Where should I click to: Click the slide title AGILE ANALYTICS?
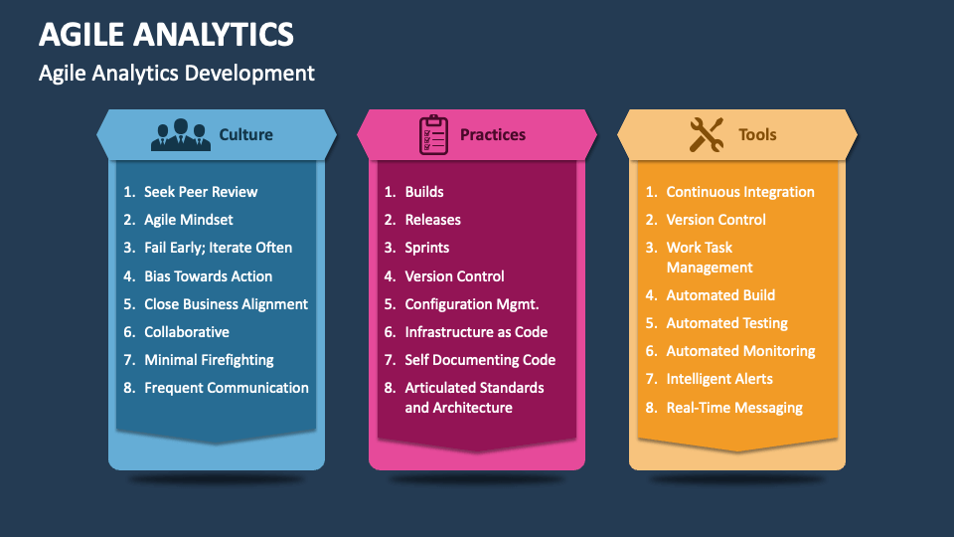pos(166,35)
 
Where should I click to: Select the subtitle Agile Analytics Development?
pos(177,73)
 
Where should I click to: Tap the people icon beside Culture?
pos(181,134)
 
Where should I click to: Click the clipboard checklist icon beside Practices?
pos(434,134)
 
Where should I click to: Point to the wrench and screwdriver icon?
pos(707,134)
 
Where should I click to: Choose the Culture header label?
pos(245,134)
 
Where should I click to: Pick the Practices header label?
pos(493,134)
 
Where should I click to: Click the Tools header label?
pos(757,134)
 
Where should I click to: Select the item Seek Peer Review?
pos(201,192)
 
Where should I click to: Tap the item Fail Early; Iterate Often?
pos(218,248)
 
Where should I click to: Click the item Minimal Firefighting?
pos(209,360)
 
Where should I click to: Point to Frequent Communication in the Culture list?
pos(227,388)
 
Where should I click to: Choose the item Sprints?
pos(427,248)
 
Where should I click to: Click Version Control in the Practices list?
pos(454,276)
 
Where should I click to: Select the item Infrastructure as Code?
pos(476,332)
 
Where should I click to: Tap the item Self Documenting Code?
pos(480,360)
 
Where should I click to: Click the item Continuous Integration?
pos(740,192)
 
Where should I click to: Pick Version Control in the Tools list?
pos(715,220)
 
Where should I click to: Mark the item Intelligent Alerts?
pos(719,379)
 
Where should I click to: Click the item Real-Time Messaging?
pos(734,408)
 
